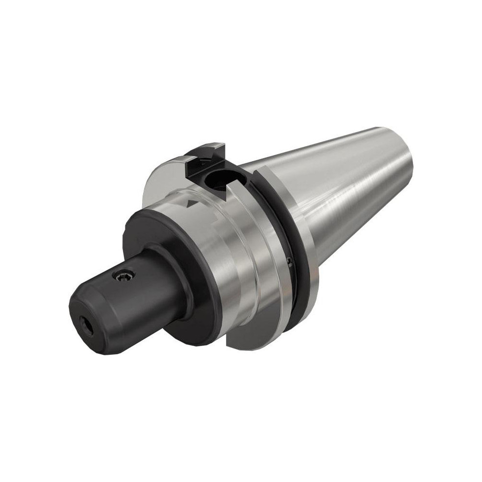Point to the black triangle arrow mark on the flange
(193, 204)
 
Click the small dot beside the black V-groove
(289, 262)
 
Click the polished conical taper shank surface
(337, 193)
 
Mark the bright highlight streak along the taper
(347, 207)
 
